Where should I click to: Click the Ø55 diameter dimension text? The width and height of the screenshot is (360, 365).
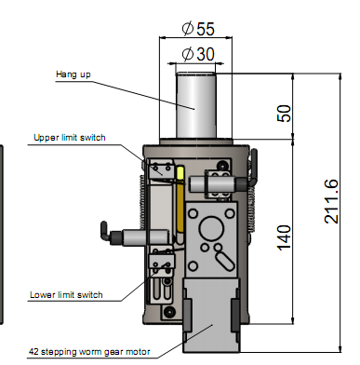pos(198,29)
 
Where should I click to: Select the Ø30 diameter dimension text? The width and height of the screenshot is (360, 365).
pos(198,54)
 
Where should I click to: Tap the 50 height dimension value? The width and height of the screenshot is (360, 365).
pos(284,114)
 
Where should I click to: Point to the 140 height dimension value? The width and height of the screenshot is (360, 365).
pos(284,237)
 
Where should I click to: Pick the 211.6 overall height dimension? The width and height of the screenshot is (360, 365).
pos(331,201)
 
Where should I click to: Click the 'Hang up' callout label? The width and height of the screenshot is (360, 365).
pos(73,74)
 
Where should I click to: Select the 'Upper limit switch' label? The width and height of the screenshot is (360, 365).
pos(70,138)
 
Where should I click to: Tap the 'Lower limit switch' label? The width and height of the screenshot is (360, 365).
pos(66,294)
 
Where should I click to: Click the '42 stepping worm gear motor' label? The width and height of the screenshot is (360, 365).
pos(89,352)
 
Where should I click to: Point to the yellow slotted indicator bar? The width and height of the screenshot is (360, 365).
pos(180,200)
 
